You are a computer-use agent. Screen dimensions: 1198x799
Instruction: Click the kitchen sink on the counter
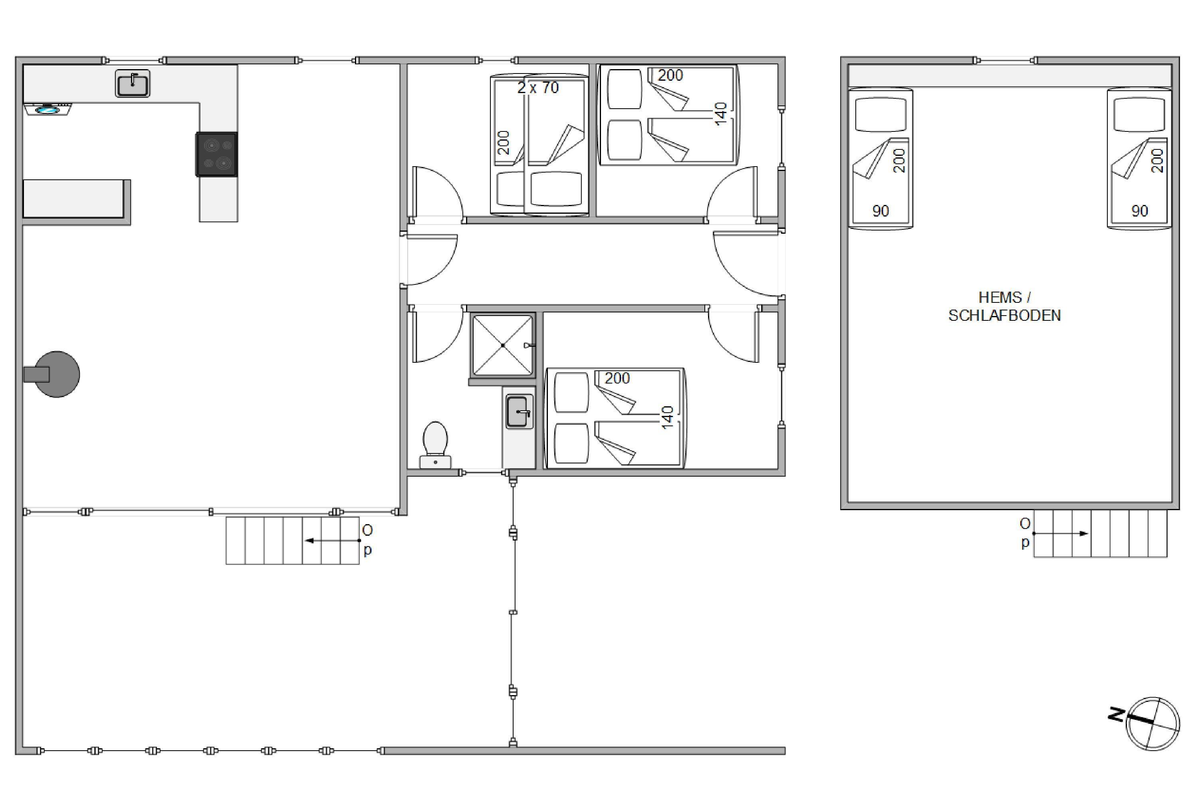pos(133,83)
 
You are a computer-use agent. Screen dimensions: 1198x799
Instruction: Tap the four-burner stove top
pos(216,154)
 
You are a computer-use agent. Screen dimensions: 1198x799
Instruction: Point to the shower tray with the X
pos(503,346)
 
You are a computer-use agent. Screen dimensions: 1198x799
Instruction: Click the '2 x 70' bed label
pos(538,87)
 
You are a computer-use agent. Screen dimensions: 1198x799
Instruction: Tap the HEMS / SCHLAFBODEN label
pos(1004,306)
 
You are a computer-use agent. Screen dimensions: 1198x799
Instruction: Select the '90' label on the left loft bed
pos(881,211)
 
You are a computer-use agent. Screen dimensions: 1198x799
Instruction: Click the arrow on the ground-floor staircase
pos(333,541)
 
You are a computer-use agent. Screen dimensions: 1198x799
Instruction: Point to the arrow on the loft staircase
pos(1061,533)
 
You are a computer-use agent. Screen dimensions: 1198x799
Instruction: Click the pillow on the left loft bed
pos(881,115)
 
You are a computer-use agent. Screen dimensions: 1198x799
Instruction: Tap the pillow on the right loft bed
pos(1139,115)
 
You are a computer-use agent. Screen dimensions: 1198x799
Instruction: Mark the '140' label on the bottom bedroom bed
pos(667,417)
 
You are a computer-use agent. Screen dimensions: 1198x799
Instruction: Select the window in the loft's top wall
pos(1006,61)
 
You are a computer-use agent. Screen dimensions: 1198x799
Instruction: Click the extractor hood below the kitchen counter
pos(48,109)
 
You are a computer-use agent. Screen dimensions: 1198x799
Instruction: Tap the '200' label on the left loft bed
pos(899,161)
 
